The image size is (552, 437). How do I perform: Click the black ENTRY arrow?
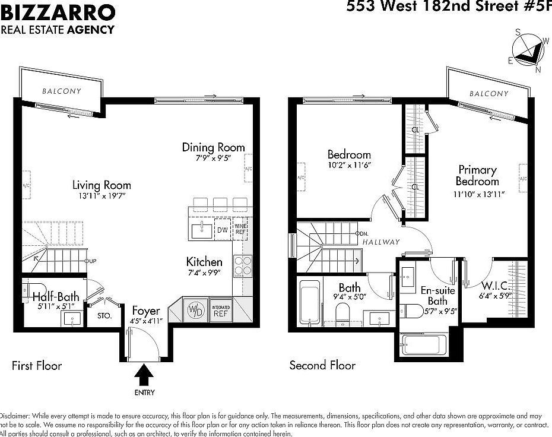(144, 375)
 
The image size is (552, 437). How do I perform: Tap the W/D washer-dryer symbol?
(194, 310)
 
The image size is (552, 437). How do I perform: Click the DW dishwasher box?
(222, 230)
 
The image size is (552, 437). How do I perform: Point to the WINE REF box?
(240, 229)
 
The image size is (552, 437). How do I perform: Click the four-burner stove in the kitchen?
(243, 266)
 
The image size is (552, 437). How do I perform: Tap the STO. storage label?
(104, 316)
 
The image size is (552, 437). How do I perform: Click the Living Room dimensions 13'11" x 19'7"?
(102, 195)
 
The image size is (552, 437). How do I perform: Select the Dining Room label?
(213, 147)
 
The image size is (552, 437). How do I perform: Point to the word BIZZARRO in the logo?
(58, 11)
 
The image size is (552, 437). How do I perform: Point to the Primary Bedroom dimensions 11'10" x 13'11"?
(478, 194)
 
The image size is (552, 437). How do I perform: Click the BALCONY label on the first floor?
(62, 91)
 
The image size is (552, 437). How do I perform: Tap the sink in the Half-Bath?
(72, 319)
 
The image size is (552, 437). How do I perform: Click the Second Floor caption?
(322, 365)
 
